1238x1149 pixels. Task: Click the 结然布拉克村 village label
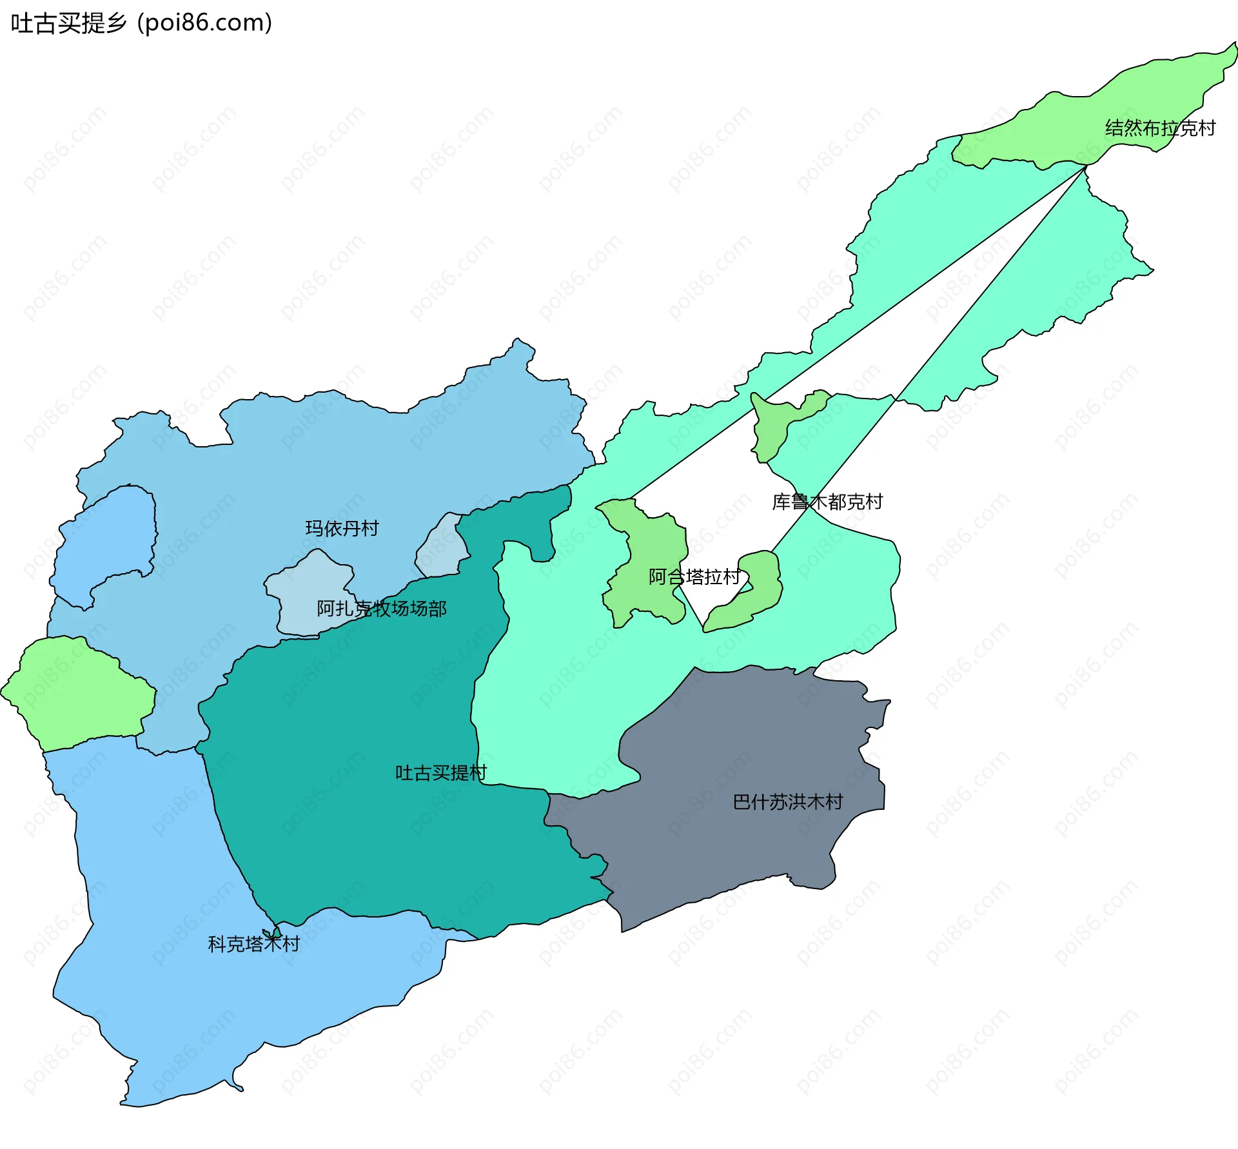[1159, 128]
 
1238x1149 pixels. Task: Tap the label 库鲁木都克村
[827, 502]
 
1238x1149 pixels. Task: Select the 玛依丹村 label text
[342, 529]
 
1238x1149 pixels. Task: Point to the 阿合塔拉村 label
[694, 576]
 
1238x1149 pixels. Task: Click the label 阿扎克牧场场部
[381, 608]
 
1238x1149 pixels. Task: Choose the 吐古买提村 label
[441, 772]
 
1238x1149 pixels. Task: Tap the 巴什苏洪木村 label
[787, 801]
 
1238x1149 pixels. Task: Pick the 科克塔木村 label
[253, 944]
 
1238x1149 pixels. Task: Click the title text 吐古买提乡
[68, 23]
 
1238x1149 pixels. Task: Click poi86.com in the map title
[204, 23]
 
